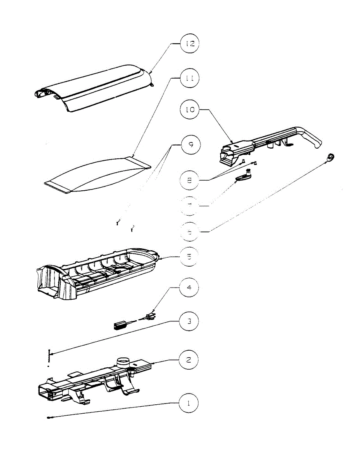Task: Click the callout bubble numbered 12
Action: coord(189,44)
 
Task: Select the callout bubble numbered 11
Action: coord(189,78)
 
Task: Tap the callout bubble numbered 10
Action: coord(189,110)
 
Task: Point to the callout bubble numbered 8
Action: coord(189,180)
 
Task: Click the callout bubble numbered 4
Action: coord(189,288)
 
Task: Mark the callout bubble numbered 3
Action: coord(189,321)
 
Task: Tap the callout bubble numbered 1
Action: coord(189,403)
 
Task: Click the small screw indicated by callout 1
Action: coord(49,418)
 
